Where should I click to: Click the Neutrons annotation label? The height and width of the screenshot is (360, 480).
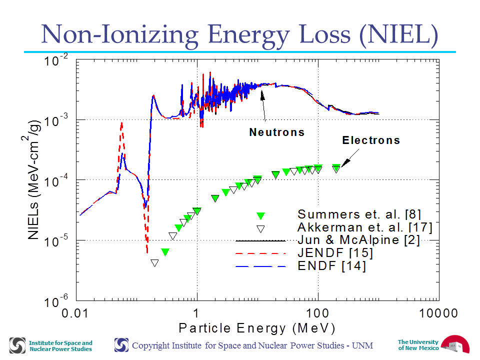[x=277, y=132]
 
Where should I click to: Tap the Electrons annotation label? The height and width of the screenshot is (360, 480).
[x=371, y=140]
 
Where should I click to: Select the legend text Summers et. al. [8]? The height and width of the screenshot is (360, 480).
[x=359, y=214]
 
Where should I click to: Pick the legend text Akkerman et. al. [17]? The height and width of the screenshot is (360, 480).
[x=365, y=227]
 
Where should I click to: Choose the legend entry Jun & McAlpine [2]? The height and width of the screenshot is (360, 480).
[x=358, y=240]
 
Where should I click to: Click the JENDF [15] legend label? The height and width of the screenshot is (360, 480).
[x=335, y=253]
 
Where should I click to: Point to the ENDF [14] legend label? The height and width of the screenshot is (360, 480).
[x=331, y=265]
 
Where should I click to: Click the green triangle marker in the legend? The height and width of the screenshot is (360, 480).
[x=260, y=216]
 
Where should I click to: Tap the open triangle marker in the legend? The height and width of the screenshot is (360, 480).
[x=260, y=229]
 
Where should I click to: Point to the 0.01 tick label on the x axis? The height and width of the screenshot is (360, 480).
[x=75, y=313]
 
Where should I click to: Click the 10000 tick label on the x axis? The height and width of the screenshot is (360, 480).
[x=438, y=313]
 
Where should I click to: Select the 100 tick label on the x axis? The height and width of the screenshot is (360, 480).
[x=317, y=313]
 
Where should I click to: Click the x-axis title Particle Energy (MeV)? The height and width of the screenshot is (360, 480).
[x=257, y=328]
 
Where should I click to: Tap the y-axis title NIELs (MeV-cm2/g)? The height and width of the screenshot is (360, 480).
[x=33, y=179]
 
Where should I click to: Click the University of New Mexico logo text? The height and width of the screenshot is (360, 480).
[x=418, y=345]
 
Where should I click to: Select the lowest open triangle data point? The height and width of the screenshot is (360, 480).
[x=154, y=263]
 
